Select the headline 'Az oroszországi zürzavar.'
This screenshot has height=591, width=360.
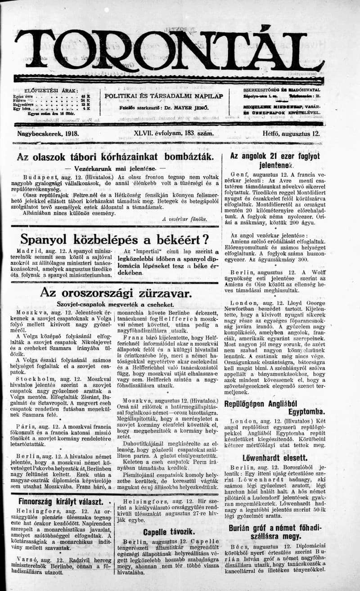tap(116, 293)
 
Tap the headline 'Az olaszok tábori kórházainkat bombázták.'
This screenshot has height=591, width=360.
tap(115, 157)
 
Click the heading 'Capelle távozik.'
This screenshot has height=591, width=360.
tap(169, 532)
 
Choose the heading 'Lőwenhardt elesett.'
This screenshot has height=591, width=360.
tap(275, 458)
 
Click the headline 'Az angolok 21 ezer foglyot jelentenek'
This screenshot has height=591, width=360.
tap(275, 161)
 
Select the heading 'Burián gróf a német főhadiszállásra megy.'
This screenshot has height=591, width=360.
tap(275, 532)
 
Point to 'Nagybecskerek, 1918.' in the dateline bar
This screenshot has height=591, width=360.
tap(48, 134)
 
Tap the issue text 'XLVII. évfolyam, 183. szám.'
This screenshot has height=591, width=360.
tap(173, 134)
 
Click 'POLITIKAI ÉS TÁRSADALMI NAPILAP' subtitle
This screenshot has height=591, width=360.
tap(164, 96)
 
